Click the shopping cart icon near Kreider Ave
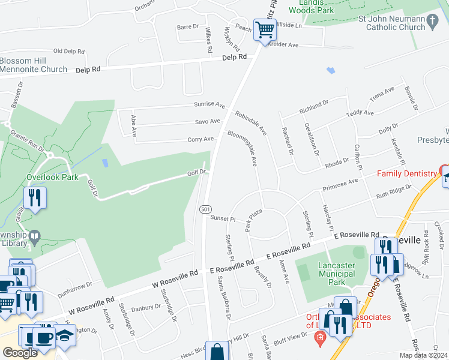coord(265,29)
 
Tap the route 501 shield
coord(205,208)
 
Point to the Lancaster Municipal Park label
coord(329,269)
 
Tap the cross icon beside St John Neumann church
coord(432,23)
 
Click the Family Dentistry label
coord(406,173)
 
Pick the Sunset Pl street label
coord(222,219)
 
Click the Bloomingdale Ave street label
coord(243,148)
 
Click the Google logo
coord(20,353)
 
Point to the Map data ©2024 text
coord(423,355)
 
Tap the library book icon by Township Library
coord(35,235)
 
